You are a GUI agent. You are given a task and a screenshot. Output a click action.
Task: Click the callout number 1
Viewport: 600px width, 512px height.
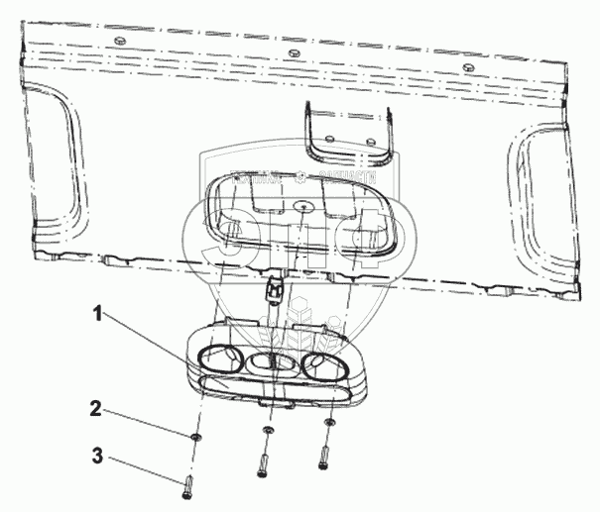point(98,316)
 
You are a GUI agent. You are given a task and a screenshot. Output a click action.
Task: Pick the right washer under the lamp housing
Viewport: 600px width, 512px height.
point(329,423)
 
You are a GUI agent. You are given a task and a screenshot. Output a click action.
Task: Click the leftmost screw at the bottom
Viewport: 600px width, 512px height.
point(189,486)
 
